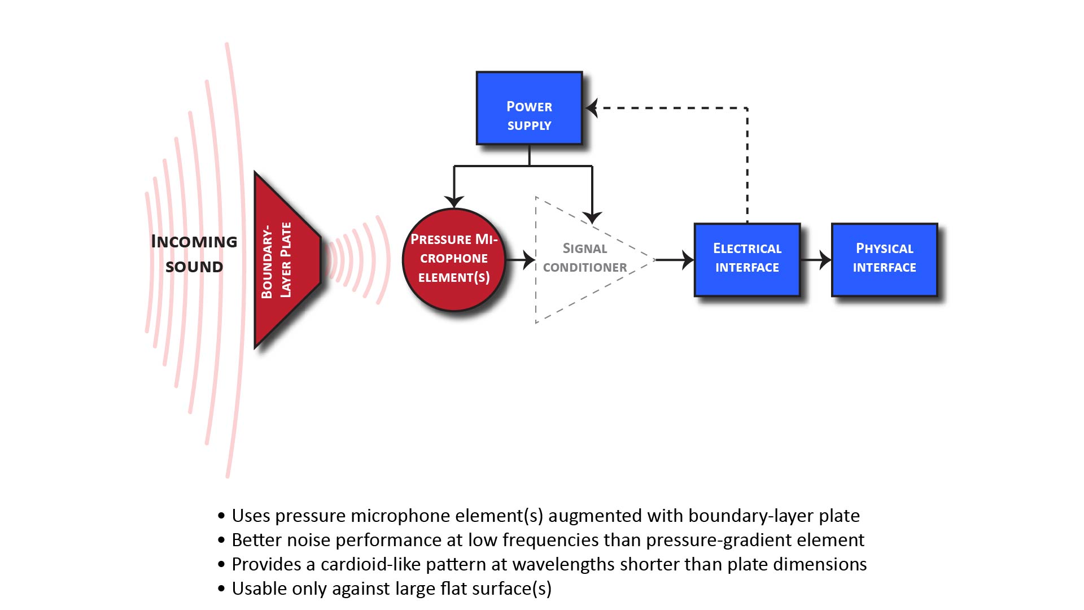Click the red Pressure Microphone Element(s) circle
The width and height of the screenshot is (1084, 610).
453,259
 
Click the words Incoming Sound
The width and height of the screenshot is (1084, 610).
194,254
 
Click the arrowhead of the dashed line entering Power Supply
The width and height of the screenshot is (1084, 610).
592,107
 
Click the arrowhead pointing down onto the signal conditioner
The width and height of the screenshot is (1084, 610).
592,217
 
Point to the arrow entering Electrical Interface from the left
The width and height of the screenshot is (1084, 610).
677,260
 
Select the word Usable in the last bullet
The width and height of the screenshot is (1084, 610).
257,589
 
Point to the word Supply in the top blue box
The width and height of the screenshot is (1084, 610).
529,125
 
